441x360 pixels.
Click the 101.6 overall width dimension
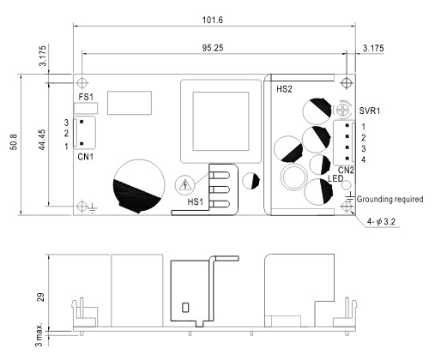click(213, 20)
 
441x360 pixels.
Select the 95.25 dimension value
click(213, 48)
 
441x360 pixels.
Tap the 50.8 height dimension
click(14, 141)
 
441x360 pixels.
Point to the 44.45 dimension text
click(42, 140)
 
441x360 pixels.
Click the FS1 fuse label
click(86, 97)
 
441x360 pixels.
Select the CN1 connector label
click(86, 157)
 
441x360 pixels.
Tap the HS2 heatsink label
click(284, 89)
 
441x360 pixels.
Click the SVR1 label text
click(370, 111)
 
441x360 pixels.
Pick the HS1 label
click(196, 201)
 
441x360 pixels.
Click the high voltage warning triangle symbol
click(184, 185)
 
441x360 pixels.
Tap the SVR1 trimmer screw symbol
click(342, 109)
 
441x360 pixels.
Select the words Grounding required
click(390, 199)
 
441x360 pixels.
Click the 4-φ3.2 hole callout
click(381, 221)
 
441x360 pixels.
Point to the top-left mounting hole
click(82, 83)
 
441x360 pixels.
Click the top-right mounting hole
click(347, 83)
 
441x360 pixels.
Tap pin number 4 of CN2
click(364, 159)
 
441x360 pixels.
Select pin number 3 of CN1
click(66, 123)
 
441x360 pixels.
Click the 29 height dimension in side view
click(41, 297)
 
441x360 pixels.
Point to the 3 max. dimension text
click(39, 335)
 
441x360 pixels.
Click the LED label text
click(335, 179)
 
